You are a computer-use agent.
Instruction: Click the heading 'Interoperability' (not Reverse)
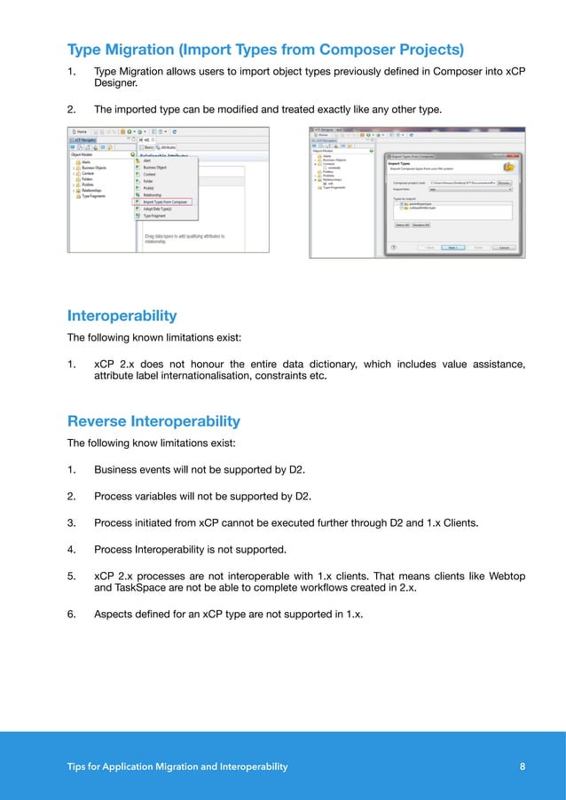click(122, 316)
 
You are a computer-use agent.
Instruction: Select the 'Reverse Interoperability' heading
click(153, 420)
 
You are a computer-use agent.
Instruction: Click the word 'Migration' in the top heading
click(152, 48)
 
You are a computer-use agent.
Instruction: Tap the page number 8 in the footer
click(521, 766)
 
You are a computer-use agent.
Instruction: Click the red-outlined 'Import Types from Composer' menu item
click(168, 201)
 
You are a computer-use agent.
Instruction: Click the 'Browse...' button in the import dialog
click(504, 183)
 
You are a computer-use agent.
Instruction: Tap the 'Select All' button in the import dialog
click(402, 225)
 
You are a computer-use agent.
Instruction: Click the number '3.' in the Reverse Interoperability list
click(72, 522)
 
